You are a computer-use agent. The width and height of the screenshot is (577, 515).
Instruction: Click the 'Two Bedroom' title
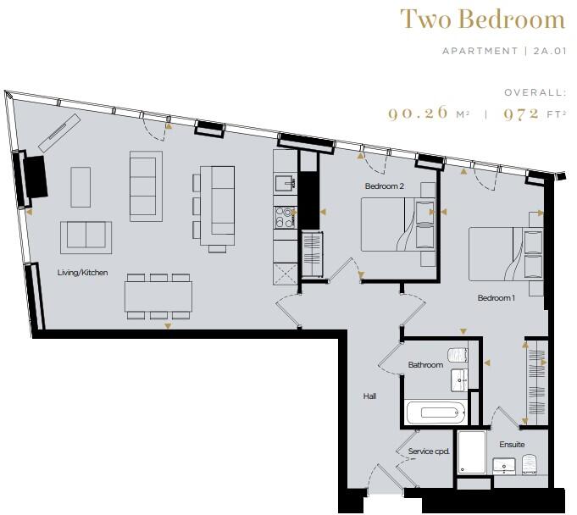tap(483, 19)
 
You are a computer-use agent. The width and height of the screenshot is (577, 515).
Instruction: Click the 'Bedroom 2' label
tap(384, 186)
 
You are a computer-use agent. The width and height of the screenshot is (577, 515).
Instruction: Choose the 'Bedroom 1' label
tap(496, 297)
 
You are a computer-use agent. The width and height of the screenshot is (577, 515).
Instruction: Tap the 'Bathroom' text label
tap(425, 365)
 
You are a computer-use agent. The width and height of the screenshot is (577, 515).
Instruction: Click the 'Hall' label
tap(369, 396)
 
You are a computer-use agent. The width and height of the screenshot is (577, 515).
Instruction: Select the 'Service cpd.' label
tap(429, 451)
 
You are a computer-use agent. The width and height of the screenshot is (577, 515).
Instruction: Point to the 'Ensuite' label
tap(512, 445)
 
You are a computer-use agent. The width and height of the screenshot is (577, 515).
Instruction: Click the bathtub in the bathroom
tap(436, 414)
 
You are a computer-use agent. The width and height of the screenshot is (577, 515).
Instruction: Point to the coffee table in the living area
tap(80, 183)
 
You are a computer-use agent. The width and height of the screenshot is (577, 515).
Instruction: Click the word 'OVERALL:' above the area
tap(534, 91)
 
